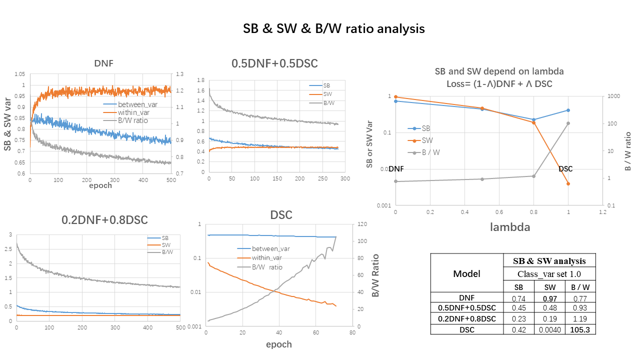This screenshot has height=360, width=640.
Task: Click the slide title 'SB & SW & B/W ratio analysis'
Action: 333,29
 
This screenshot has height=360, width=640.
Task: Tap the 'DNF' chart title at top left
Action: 103,63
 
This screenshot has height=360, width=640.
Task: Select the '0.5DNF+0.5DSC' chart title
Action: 274,63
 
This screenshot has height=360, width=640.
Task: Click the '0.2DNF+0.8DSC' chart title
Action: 104,219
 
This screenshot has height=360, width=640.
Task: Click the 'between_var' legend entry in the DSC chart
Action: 270,248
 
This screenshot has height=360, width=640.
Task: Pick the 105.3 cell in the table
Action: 581,329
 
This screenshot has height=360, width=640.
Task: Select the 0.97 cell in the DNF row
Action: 550,298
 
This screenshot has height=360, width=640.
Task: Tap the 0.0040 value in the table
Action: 550,329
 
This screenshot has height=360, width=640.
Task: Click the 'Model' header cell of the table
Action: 466,273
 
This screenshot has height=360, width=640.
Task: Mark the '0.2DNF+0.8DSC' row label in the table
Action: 466,318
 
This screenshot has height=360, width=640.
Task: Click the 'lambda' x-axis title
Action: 510,227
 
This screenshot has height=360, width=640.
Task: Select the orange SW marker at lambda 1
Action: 568,183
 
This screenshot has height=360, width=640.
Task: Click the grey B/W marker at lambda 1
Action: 568,123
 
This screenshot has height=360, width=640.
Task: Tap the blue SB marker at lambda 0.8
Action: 533,119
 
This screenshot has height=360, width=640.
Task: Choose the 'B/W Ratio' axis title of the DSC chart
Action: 375,276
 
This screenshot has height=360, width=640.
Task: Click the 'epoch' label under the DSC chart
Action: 278,344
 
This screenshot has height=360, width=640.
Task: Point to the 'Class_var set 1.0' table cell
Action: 549,273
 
